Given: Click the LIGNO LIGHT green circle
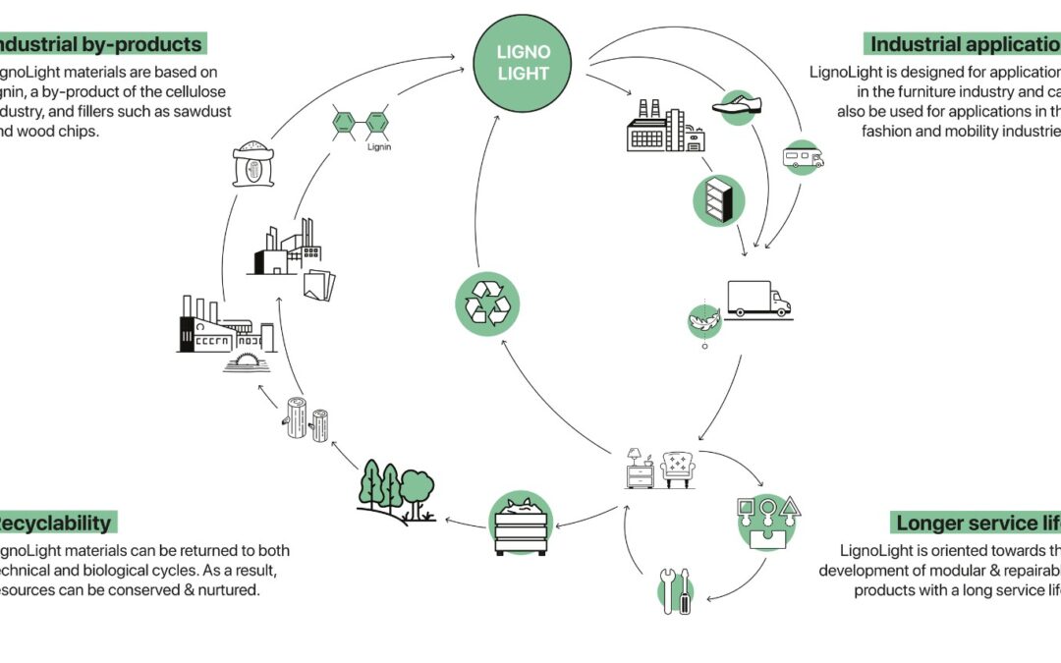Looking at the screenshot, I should tap(522, 63).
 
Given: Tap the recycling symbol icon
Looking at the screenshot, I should tap(486, 304).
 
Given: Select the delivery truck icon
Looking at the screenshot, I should tap(757, 299).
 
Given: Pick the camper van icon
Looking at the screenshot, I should tap(803, 156).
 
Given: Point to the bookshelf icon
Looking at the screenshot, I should tap(719, 200).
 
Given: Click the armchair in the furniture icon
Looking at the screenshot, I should tap(679, 469).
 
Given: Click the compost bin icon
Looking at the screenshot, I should tap(521, 523).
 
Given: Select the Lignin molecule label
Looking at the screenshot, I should tap(378, 148).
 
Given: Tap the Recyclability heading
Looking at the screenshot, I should tap(56, 522).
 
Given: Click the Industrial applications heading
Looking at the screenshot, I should tap(964, 44).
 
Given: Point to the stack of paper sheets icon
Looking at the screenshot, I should tap(319, 285).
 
